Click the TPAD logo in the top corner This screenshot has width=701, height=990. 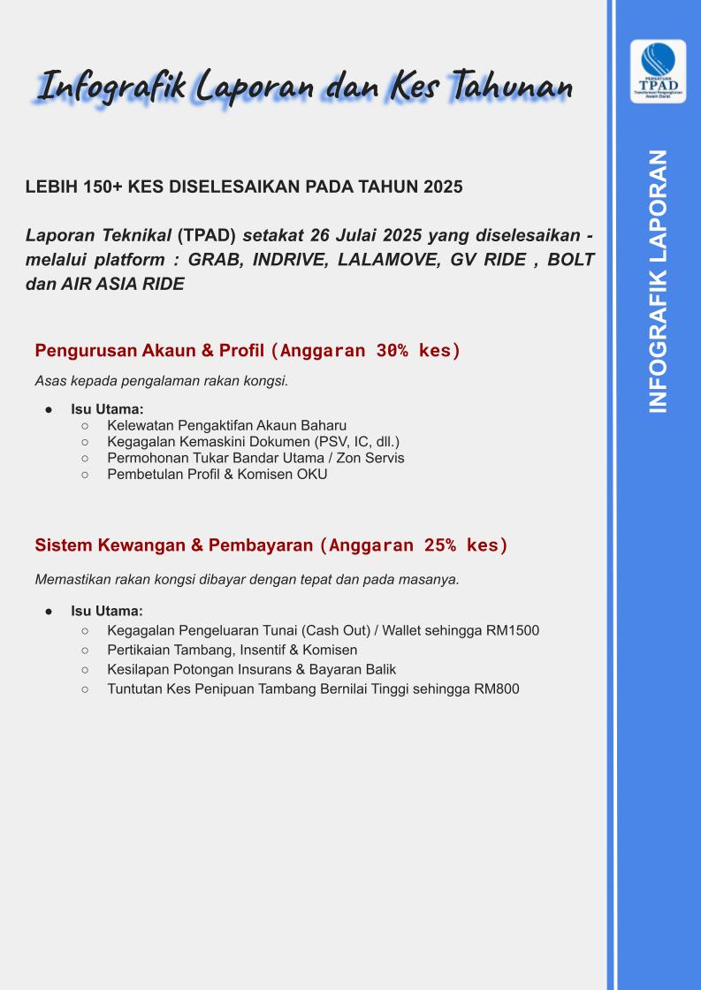658,71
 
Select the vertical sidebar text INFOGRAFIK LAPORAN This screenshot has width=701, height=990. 658,280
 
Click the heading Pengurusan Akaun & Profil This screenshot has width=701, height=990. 149,350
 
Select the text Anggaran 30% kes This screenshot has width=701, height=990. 366,351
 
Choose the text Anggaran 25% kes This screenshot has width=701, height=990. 414,545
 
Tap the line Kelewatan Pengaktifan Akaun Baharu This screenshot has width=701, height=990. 226,425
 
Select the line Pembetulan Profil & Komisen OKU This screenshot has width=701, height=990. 217,475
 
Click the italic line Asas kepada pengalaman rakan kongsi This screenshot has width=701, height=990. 162,382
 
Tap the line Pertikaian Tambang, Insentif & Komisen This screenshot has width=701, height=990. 232,650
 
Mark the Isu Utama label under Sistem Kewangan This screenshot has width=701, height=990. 107,611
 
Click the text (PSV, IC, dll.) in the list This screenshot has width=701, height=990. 352,441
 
